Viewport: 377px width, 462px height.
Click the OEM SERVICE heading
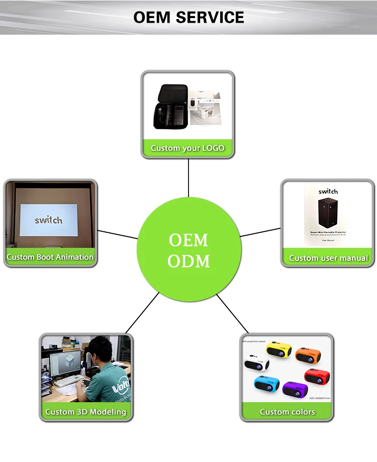point(189,17)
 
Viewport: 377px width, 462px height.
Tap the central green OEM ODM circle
point(189,250)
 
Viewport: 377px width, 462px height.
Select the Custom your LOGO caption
point(187,148)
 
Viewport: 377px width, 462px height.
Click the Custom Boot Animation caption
point(50,257)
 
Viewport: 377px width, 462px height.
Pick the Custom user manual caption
point(328,258)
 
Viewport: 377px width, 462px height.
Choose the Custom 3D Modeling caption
point(86,412)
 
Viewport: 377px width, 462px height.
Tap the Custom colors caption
point(288,412)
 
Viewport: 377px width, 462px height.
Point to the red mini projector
point(317,376)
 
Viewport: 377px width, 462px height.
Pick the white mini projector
point(256,363)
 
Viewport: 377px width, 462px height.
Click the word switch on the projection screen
point(49,220)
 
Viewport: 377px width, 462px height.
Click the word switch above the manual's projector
point(328,192)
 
